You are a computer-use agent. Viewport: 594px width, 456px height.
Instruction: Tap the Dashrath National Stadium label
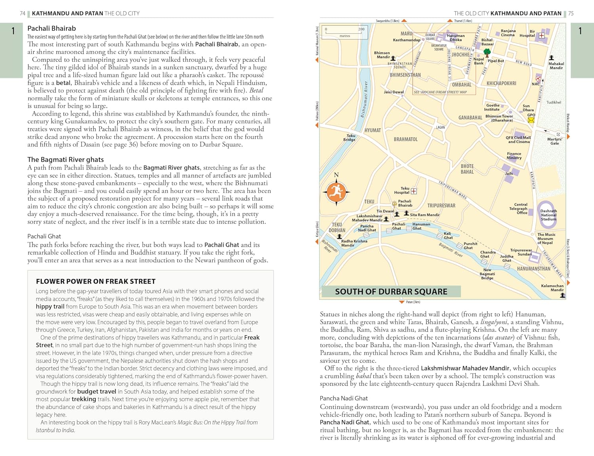[548, 215]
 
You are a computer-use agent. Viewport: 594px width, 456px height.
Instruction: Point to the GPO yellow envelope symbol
[531, 120]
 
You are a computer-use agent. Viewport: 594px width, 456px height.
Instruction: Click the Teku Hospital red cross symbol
[414, 191]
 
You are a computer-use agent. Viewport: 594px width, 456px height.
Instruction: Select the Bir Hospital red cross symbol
[541, 36]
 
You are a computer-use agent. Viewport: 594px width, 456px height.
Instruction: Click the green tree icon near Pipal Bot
[487, 52]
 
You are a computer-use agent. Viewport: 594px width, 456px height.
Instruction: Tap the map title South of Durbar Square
[391, 292]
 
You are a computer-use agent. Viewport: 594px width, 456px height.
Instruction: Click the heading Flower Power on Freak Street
[95, 281]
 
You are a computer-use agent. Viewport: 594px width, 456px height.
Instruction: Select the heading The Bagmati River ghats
[65, 159]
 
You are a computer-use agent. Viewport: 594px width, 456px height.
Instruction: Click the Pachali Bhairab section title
[51, 28]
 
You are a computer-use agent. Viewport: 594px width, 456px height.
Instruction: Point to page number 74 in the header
[23, 13]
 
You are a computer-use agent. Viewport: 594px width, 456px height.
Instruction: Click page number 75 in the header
[571, 13]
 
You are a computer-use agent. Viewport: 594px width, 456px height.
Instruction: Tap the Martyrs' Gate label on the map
[554, 141]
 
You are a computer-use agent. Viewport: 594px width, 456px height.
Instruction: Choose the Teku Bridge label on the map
[349, 137]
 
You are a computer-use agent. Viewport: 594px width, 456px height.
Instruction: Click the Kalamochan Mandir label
[552, 288]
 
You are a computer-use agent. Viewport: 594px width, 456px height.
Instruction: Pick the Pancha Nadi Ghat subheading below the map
[344, 398]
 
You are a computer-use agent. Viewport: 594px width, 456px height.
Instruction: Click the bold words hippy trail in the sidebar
[49, 306]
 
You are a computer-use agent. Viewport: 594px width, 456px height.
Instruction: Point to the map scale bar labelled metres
[345, 32]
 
